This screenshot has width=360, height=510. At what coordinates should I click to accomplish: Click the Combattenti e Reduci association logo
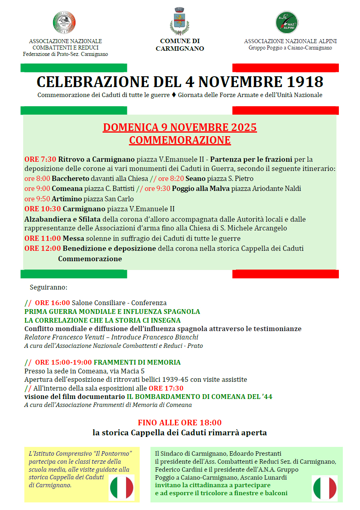[x=64, y=23]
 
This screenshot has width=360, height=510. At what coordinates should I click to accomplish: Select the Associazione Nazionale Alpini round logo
[x=287, y=22]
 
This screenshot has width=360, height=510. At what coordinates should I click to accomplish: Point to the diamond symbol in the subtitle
[x=174, y=95]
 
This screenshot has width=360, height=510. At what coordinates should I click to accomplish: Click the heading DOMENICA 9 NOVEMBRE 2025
[x=180, y=127]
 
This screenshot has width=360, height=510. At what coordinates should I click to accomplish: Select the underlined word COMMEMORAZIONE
[x=180, y=140]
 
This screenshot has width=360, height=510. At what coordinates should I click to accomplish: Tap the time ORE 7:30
[x=40, y=159]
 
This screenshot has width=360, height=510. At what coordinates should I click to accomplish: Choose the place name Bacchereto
[x=70, y=179]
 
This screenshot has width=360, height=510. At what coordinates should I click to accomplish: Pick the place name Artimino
[x=67, y=199]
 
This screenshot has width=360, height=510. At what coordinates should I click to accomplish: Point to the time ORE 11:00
[x=42, y=238]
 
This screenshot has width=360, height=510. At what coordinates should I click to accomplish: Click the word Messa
[x=73, y=238]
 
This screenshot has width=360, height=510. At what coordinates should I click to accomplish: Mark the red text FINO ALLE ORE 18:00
[x=180, y=423]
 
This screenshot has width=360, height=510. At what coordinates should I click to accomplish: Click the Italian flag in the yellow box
[x=122, y=488]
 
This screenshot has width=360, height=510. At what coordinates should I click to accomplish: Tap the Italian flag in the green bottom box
[x=325, y=488]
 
